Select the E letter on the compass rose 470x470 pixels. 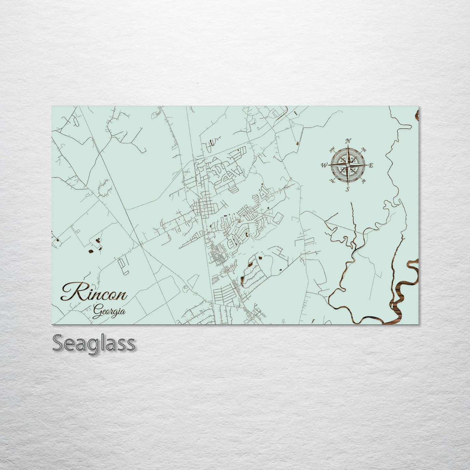click(371, 166)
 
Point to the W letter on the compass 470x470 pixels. click(324, 165)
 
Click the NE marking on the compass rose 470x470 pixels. click(364, 151)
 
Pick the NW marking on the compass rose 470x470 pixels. click(332, 150)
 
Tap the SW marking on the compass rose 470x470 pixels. click(332, 181)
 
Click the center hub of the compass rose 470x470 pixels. click(348, 165)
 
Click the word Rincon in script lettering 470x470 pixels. click(94, 294)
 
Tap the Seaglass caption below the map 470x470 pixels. click(93, 343)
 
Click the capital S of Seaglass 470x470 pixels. click(59, 343)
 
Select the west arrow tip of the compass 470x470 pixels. click(328, 165)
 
